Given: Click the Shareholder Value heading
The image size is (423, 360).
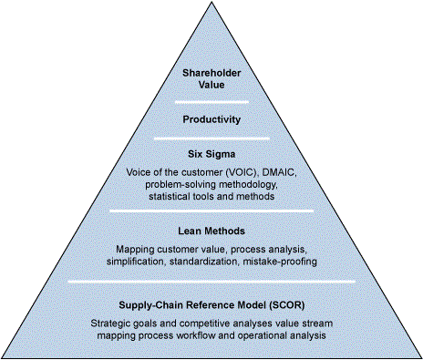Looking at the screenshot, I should coord(211,77).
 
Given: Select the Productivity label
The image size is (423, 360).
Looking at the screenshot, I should coord(211,119).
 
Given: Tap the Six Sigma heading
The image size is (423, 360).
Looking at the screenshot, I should coord(211,155).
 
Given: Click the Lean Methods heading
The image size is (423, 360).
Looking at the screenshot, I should coord(211,231).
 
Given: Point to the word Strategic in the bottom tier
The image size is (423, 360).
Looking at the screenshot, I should coord(111,324).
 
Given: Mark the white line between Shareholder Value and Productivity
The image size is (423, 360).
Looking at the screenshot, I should coord(211,101).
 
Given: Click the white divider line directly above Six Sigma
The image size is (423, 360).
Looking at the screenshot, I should coord(211,139).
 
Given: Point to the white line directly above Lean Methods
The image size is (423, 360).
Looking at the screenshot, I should coord(211,211).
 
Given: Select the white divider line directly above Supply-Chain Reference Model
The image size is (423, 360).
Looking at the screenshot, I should coord(211,282).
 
